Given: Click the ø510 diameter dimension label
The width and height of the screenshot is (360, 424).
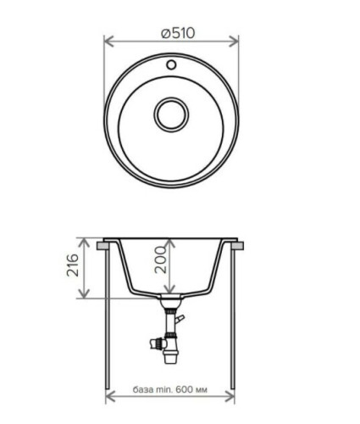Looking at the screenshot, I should coord(177,33).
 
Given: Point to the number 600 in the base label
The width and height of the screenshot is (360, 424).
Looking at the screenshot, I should coord(185,389).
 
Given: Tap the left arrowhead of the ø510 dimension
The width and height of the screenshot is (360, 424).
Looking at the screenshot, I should coord(108,39).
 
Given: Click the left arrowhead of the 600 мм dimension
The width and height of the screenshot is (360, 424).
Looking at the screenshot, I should coord(108,397).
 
